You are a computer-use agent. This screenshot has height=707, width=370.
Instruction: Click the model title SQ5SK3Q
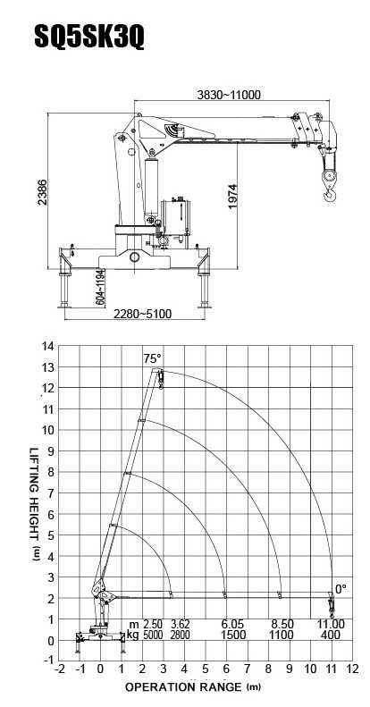point(89,37)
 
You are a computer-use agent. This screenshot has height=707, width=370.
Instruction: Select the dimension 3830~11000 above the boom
point(229,95)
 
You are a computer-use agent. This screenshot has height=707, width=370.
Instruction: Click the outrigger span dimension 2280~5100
point(142,314)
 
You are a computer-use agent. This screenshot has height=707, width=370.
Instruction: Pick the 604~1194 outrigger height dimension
point(100,288)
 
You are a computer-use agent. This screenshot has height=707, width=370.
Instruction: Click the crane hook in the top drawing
point(331,195)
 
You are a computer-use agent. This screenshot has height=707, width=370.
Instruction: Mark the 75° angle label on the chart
point(152,359)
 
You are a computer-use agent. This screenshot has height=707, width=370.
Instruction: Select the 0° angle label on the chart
point(341,589)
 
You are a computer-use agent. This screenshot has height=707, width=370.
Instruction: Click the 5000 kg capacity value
point(154,635)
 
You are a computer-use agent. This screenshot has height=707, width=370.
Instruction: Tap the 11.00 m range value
point(332,625)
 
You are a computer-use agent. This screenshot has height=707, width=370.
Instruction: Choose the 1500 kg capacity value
point(233,635)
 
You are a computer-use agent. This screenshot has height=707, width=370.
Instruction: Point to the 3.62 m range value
point(181,625)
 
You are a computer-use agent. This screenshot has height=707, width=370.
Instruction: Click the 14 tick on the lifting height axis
point(47,346)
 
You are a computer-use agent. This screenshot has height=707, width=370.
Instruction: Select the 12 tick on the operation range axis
point(353,669)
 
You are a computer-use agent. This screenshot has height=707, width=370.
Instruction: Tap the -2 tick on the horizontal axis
point(60,669)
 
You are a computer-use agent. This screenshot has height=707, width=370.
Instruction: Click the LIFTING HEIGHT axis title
point(35,504)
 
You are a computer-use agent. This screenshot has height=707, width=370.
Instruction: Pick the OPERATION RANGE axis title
point(193,687)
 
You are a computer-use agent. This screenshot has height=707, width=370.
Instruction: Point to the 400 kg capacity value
point(332,635)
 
